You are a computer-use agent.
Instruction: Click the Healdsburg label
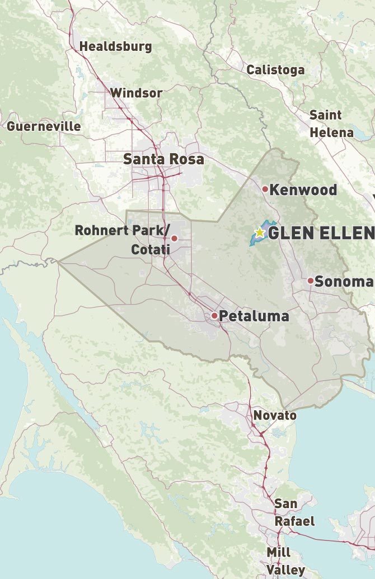(115, 46)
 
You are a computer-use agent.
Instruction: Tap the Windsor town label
(137, 93)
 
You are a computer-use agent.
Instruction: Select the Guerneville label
(44, 126)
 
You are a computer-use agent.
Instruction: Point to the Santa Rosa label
(163, 159)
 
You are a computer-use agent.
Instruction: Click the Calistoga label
(275, 70)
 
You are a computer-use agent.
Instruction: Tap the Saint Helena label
(331, 124)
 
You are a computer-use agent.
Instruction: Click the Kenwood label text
(303, 190)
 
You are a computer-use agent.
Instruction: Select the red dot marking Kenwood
(265, 189)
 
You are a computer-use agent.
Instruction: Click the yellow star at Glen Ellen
(260, 232)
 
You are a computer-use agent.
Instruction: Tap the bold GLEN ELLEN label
(321, 233)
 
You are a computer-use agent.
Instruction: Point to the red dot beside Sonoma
(311, 281)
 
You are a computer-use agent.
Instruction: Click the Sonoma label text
(343, 281)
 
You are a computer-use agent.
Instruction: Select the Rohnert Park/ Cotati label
(121, 239)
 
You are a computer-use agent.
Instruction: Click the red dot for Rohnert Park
(174, 239)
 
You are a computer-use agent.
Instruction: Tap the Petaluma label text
(254, 316)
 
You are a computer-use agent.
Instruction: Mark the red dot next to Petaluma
(214, 316)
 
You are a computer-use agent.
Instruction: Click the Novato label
(275, 415)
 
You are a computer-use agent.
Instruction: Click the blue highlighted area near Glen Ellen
(255, 241)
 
